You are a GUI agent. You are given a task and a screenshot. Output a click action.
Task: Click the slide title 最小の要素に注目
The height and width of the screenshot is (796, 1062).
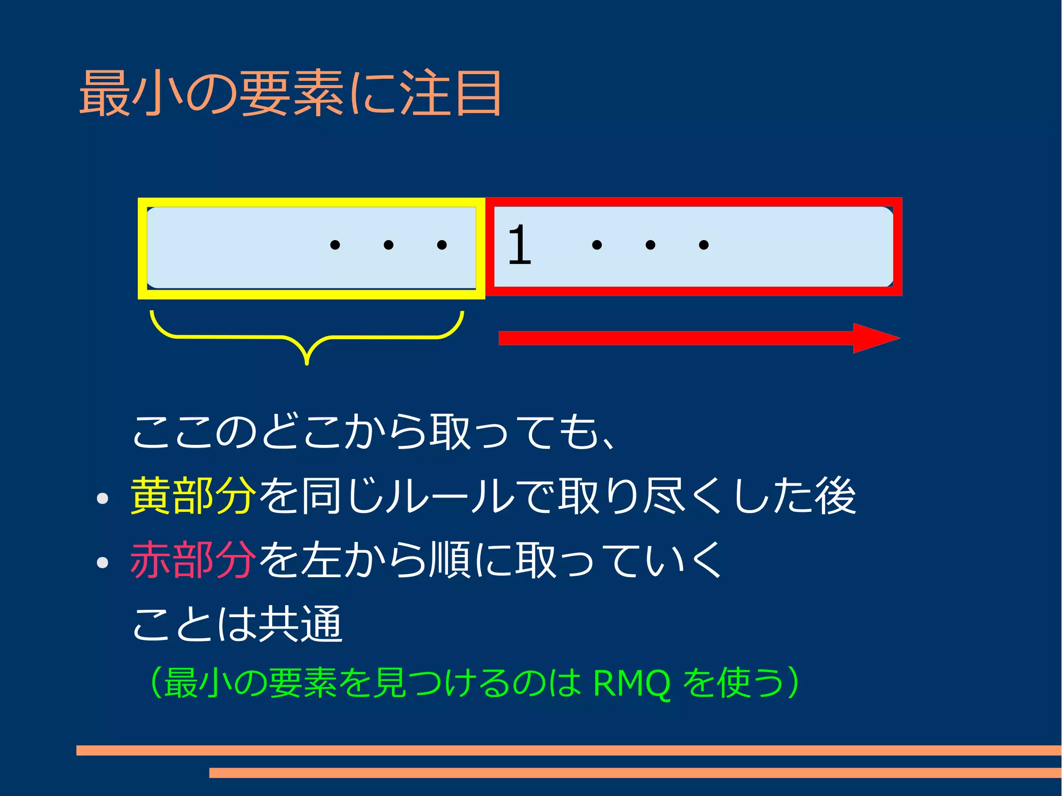coord(290,93)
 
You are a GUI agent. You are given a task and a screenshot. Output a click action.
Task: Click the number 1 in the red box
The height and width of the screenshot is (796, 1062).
coord(520,245)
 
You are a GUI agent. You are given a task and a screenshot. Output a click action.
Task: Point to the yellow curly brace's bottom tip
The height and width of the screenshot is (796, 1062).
coord(307,361)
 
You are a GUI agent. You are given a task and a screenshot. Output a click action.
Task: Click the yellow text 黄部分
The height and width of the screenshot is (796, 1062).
coord(193,496)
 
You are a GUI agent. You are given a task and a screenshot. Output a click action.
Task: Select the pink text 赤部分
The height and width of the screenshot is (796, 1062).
coord(193,560)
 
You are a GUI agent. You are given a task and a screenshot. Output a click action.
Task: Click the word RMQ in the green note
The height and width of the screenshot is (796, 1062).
coord(632,683)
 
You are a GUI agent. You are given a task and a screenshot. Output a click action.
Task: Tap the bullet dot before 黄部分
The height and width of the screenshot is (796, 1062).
coord(103,498)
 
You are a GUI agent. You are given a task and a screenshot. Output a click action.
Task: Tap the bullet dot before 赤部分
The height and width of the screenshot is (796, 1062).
coord(103,563)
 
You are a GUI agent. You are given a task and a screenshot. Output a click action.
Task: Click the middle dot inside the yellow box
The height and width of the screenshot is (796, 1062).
coord(388,245)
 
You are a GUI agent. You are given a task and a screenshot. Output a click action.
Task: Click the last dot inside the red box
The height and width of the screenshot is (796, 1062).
coord(704,245)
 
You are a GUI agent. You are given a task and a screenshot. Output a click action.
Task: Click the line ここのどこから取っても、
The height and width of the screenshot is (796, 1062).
coord(373,431)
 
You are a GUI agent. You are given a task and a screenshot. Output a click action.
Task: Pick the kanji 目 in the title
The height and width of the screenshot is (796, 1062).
coord(478,93)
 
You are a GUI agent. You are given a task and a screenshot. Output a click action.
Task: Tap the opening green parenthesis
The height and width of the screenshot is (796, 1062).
coord(154,683)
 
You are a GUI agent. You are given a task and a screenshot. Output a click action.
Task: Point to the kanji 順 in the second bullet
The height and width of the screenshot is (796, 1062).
coord(450,560)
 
